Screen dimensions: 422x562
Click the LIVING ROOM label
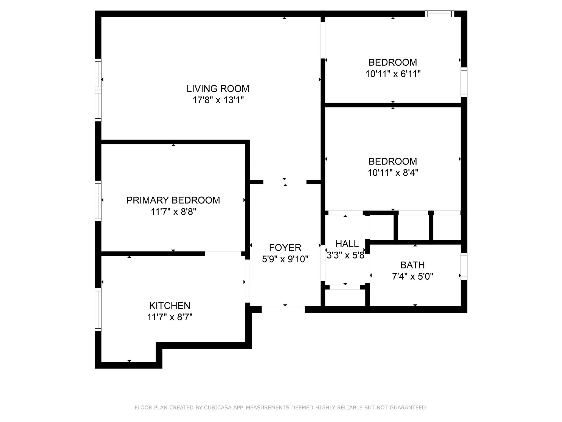tap(218, 89)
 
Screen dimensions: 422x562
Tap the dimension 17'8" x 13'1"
tap(218, 100)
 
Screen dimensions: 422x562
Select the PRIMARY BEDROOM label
tap(173, 200)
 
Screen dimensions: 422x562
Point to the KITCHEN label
tap(170, 306)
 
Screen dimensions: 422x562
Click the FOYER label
tap(285, 248)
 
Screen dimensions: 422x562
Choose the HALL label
tap(347, 244)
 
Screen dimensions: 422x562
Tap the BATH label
tap(412, 265)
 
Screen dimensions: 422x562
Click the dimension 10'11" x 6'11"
tap(393, 74)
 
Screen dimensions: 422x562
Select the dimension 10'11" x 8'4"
tap(393, 173)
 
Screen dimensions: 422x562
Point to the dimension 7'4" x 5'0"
tap(412, 277)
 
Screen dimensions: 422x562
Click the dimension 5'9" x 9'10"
tap(285, 259)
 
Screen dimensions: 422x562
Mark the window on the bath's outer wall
tap(464, 266)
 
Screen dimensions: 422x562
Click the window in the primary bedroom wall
tap(98, 201)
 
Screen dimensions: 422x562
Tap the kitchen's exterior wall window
tap(98, 310)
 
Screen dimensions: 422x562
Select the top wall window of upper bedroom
tap(439, 14)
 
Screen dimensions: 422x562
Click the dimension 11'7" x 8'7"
tap(170, 317)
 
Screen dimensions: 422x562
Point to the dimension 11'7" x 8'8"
tap(173, 212)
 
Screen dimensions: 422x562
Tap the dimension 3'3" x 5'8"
tap(345, 256)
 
